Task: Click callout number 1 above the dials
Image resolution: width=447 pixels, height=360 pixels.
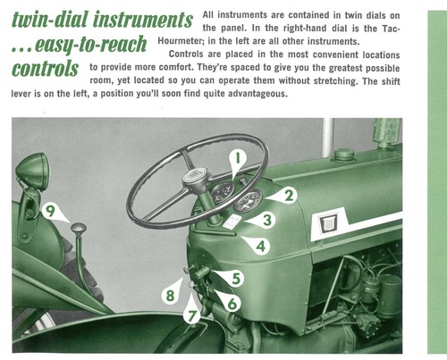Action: pos(238,157)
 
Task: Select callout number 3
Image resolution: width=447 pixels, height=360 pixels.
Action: pos(267,220)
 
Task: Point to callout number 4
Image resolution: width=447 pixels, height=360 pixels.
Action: pos(261,247)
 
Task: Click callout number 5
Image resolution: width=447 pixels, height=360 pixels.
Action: pos(236,279)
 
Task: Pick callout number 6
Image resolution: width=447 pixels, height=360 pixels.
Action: pos(232,304)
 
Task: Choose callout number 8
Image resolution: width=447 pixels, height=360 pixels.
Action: pos(170,296)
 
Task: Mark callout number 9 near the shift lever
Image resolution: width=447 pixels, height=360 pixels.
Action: pos(50,211)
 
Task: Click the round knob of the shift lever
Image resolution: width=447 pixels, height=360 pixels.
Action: pos(79,229)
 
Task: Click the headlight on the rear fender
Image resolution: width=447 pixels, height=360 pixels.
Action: pos(33,172)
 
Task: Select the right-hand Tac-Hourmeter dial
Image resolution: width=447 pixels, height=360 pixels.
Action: pos(248,200)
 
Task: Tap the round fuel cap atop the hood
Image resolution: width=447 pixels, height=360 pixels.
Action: pos(344,155)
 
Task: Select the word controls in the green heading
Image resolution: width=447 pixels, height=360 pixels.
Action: pos(45,69)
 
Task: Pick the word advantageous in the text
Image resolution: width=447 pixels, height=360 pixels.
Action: pos(257,94)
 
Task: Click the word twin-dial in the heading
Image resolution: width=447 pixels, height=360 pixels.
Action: pos(50,20)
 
